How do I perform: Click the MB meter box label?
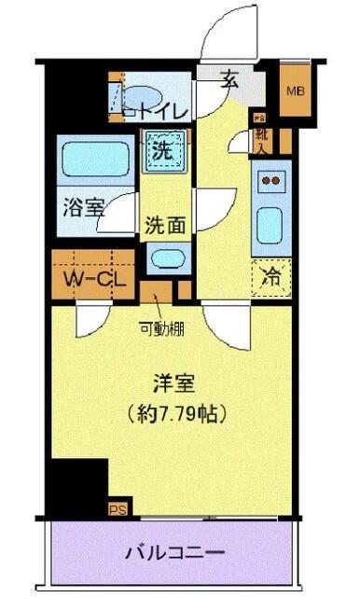(x=296, y=91)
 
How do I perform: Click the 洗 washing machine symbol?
(x=161, y=148)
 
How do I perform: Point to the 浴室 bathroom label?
(x=82, y=208)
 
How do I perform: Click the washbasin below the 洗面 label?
(x=168, y=259)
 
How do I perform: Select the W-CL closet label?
(x=90, y=278)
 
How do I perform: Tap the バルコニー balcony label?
(x=176, y=551)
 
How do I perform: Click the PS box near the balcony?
(x=118, y=508)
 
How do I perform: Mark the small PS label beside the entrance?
(x=261, y=118)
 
